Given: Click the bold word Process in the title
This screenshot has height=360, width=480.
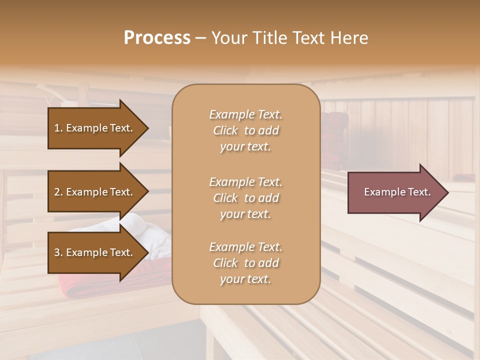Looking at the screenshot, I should coord(157,38).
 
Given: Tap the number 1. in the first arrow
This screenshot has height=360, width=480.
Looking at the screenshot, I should coord(58,128).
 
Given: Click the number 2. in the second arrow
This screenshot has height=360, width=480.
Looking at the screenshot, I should coord(58,192).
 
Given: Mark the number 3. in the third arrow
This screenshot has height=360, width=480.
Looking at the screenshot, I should coord(58,252).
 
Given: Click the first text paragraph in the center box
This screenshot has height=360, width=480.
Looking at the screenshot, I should coord(245,130).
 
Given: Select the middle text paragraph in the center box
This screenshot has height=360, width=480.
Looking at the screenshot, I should coord(245,197).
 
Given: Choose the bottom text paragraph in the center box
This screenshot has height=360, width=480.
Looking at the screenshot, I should coord(245,263).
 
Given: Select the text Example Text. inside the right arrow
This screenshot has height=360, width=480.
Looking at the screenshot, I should coord(397,192).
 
